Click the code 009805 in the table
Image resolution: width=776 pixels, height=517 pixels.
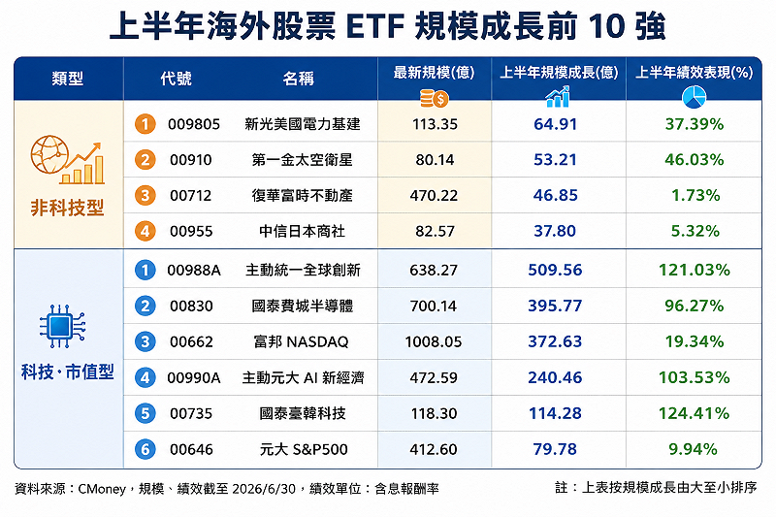coord(193,124)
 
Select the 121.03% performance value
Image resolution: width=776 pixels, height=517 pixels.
coord(694,270)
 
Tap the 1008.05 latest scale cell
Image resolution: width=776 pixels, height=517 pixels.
coord(434,341)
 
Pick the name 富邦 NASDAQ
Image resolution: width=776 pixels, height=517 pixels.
coord(301,341)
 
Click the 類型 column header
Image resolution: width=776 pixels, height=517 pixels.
coord(68,79)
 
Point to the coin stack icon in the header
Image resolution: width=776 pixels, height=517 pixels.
coord(434,98)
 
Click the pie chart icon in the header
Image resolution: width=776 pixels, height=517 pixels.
coord(694,97)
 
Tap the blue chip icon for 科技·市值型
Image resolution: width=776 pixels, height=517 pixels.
coord(62,326)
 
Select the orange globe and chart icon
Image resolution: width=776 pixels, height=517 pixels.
coord(68,160)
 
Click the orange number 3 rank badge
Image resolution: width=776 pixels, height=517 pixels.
coord(145,195)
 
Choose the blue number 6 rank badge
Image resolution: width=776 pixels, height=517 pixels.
coord(145,449)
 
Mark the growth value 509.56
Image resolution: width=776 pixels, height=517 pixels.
coord(555,270)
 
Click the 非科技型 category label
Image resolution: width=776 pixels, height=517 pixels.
coord(68,208)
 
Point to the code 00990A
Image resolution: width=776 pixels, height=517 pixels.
coord(193,378)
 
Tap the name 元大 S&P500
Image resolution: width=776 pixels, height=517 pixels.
coord(304,449)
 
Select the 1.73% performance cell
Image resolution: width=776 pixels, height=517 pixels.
coord(695,195)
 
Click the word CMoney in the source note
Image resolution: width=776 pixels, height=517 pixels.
coord(102,489)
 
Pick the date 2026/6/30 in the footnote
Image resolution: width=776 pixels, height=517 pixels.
coord(264,489)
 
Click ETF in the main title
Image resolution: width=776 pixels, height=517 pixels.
coord(375,27)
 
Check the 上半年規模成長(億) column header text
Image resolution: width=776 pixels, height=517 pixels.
coord(559,73)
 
